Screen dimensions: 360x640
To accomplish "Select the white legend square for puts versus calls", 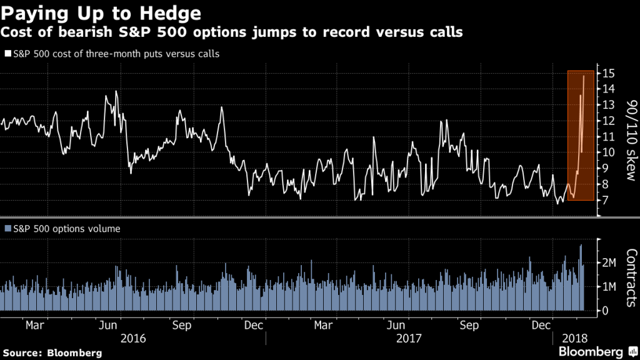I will click(x=7, y=54).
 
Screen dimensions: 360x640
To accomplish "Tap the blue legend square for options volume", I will click(x=7, y=229).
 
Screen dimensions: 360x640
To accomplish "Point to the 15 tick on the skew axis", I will click(x=607, y=73).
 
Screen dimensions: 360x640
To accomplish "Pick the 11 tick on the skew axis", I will click(x=607, y=136).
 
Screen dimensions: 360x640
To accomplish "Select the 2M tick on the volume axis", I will click(x=609, y=263).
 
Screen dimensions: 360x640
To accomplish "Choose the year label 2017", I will click(x=410, y=338).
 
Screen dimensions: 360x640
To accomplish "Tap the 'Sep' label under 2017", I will click(x=469, y=325).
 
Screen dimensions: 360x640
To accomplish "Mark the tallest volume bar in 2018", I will click(x=581, y=245).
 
